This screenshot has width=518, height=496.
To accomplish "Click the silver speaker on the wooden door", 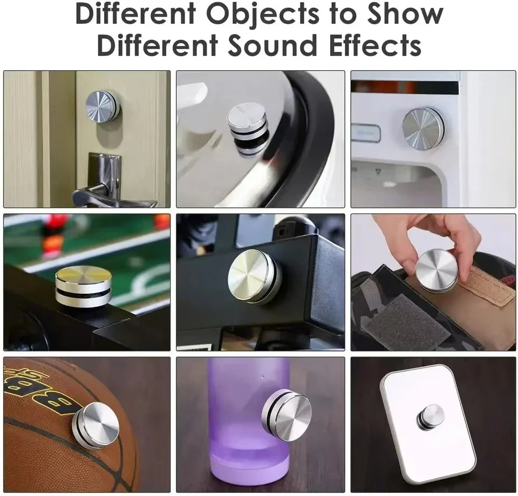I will click(103, 106).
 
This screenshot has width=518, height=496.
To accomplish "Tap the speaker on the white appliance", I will click(423, 128).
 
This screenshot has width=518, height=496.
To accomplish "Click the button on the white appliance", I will click(366, 133).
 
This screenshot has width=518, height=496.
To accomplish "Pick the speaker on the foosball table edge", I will click(83, 287).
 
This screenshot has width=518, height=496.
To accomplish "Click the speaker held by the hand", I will click(436, 270).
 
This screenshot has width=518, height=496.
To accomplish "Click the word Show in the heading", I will click(404, 15).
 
